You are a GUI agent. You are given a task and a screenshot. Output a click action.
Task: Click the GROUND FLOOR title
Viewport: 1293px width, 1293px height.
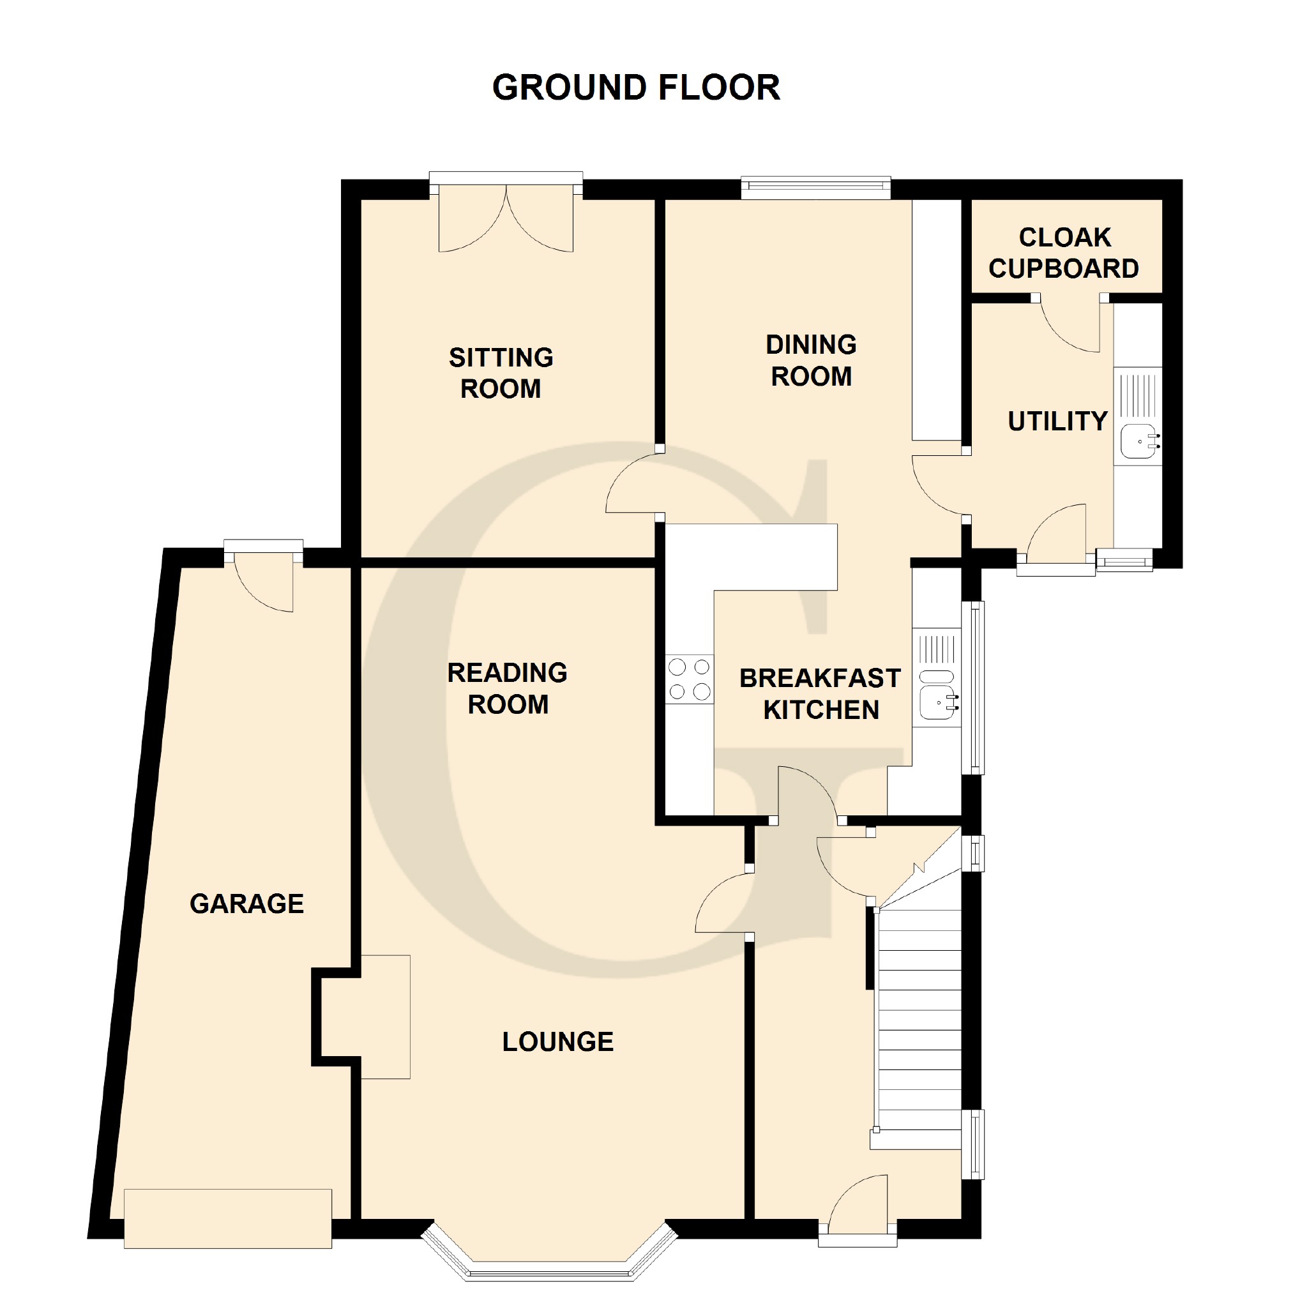pyautogui.click(x=636, y=87)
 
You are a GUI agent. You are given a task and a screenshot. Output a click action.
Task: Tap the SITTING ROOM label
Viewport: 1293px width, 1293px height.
pyautogui.click(x=501, y=373)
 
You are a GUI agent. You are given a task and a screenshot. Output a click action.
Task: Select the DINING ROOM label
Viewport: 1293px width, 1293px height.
pyautogui.click(x=811, y=360)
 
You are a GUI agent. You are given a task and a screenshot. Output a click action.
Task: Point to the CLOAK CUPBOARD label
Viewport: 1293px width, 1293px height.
pyautogui.click(x=1064, y=253)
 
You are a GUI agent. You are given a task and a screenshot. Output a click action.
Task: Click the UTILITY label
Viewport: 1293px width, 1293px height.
pyautogui.click(x=1057, y=421)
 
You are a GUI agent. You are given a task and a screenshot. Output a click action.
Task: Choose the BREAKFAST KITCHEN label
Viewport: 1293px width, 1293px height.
pyautogui.click(x=820, y=694)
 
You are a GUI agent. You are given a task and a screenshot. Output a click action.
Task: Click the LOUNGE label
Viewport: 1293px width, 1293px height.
pyautogui.click(x=558, y=1042)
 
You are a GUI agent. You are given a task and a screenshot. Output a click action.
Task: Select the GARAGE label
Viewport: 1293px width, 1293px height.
pyautogui.click(x=247, y=904)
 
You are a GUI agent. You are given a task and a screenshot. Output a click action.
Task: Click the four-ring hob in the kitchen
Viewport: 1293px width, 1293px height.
pyautogui.click(x=690, y=679)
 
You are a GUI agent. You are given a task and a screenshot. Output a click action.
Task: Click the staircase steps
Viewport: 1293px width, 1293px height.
pyautogui.click(x=919, y=1019)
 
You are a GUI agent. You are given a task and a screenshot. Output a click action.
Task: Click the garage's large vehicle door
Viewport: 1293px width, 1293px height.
pyautogui.click(x=227, y=1218)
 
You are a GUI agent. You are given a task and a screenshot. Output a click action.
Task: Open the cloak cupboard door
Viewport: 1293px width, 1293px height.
pyautogui.click(x=1070, y=325)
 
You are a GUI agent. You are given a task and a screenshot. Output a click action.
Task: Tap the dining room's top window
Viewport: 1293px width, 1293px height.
pyautogui.click(x=816, y=188)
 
